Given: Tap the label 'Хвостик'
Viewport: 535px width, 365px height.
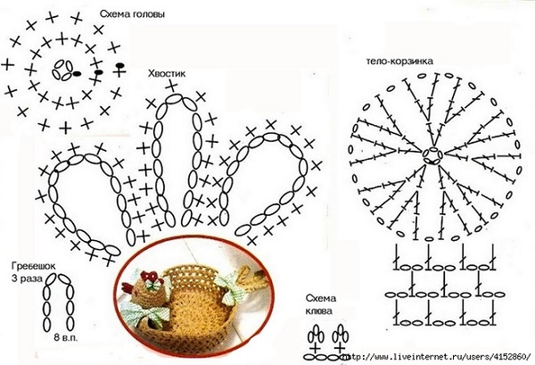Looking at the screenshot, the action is (167, 73).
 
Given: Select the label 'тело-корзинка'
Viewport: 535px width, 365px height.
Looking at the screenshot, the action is (399, 62).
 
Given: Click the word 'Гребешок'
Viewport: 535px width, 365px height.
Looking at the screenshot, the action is (33, 266).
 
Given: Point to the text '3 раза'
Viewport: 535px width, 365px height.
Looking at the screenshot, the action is (27, 278).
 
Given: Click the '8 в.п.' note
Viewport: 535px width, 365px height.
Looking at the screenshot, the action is (65, 338).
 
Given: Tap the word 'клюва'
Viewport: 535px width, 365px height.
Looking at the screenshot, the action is (318, 311).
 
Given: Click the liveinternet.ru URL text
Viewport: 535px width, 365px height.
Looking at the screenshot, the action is (438, 357).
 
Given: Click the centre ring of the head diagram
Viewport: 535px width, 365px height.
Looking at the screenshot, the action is (62, 70).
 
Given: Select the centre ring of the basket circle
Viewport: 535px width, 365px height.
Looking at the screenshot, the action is (432, 156).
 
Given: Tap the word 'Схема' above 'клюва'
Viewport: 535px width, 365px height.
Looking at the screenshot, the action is (321, 298).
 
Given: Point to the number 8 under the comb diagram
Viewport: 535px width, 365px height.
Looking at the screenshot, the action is (56, 338).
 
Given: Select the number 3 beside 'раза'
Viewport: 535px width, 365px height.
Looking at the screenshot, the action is (14, 278).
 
